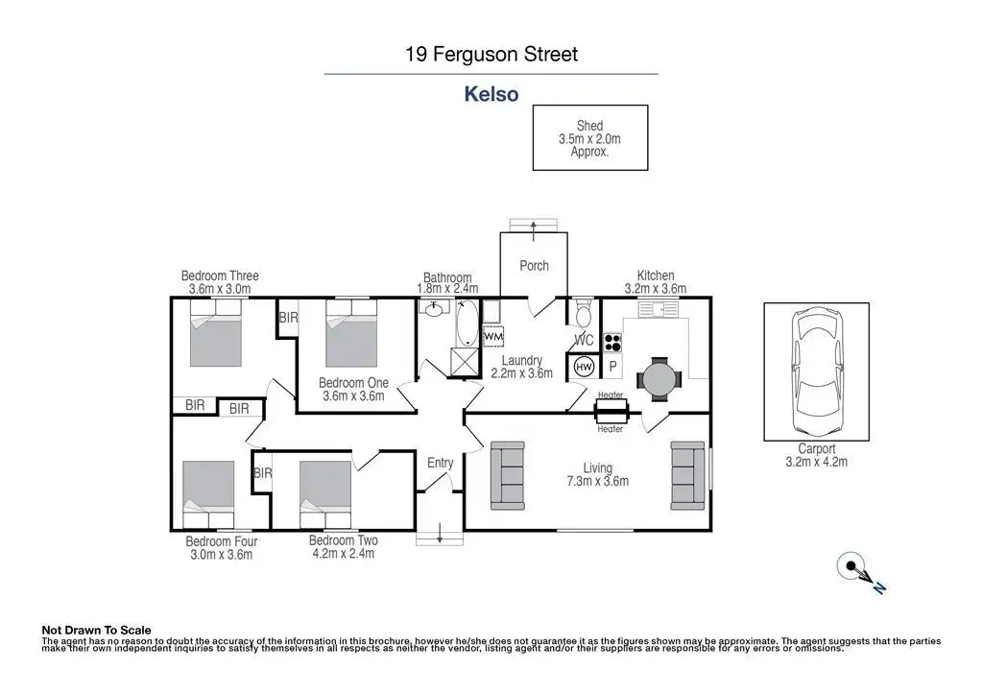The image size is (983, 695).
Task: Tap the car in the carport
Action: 816,371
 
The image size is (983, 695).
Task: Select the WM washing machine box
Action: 493,337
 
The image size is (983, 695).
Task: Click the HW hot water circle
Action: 584,368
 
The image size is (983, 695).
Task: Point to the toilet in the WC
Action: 583,313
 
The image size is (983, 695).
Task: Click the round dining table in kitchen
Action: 659,379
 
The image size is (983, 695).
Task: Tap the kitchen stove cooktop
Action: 612,343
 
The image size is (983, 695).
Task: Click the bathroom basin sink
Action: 433,308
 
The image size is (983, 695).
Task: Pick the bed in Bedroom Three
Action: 216,333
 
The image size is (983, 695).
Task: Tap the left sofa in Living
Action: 507,476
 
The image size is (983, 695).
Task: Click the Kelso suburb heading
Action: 491,94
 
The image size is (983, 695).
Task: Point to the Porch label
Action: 534,266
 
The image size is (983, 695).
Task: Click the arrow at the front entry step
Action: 440,533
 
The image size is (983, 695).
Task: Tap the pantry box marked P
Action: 613,367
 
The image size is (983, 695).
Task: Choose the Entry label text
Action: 440,463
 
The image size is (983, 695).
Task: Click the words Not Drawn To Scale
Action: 97,631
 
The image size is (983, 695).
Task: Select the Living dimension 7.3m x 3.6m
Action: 597,481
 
